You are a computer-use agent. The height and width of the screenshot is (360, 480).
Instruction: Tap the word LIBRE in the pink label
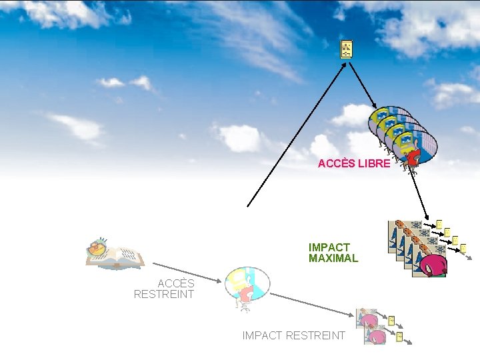tap(374, 163)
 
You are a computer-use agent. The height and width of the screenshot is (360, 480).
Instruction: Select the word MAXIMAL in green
tap(333, 258)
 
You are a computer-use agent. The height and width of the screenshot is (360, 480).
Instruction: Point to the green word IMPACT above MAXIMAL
tap(329, 247)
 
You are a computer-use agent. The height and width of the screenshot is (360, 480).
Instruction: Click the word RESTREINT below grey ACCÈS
tap(164, 294)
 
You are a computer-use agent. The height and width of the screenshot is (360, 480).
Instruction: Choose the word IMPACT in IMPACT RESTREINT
tap(262, 335)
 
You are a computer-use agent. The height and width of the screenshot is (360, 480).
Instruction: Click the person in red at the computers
tap(412, 157)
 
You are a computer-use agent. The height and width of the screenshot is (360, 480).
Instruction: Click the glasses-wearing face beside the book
tap(97, 248)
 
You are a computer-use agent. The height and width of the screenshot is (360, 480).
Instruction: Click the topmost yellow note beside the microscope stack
tap(439, 223)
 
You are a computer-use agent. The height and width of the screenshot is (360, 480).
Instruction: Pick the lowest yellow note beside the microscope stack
tap(463, 249)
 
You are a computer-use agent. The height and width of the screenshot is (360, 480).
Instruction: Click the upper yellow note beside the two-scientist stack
tap(391, 321)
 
